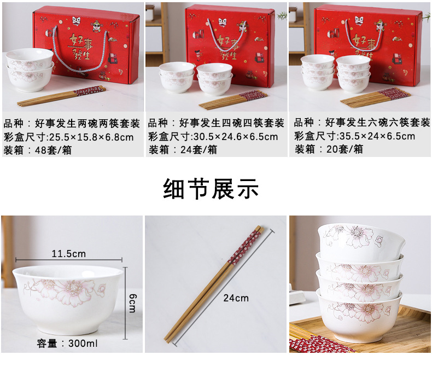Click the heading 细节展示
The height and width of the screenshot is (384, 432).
211,189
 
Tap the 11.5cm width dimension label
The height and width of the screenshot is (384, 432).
68,254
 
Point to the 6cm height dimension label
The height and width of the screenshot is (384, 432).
132,300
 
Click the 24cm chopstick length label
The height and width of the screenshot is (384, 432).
235,298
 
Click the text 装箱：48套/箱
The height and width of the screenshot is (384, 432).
37,150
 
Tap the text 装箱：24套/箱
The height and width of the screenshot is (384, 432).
182,150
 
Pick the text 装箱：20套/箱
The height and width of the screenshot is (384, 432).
328,149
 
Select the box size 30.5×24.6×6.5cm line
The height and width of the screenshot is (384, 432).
213,136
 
